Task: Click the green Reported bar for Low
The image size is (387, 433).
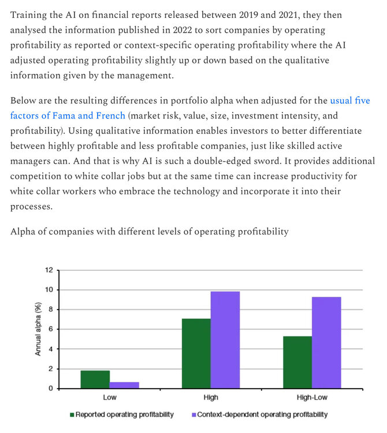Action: click(95, 379)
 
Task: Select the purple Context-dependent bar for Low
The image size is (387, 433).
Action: click(124, 385)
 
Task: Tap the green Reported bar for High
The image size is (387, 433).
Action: click(196, 353)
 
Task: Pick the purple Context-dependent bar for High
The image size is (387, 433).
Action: click(225, 340)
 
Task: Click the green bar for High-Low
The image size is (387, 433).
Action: click(297, 362)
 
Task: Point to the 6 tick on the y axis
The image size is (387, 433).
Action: click(51, 329)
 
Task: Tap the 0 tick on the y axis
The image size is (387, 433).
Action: click(51, 389)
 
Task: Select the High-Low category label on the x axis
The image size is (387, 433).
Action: click(311, 398)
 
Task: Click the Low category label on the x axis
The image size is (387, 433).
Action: click(110, 398)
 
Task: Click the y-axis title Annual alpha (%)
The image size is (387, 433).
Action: click(38, 329)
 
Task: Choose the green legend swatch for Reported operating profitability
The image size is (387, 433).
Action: click(72, 415)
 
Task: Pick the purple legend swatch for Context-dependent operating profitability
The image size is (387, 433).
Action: click(193, 415)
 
